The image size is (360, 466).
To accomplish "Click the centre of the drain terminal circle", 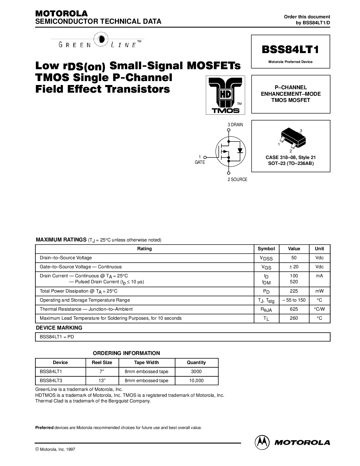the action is tap(228, 130).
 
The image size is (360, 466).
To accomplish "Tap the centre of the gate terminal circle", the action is tap(205, 157).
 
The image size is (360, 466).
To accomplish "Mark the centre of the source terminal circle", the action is tap(228, 173).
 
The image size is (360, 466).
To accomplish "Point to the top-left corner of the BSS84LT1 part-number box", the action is tap(251, 35).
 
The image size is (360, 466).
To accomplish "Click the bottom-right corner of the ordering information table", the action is tap(218, 385).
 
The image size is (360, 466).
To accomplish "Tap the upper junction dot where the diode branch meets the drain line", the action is tap(228, 141).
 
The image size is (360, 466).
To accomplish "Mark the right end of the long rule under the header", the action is tap(330, 27).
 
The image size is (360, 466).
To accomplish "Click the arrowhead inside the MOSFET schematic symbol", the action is tap(225, 151).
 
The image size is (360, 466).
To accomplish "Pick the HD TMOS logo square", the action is tap(225, 95).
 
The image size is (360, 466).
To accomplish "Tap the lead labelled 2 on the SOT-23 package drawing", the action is tap(294, 146).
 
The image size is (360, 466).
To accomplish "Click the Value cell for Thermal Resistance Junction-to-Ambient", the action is tap(294, 309).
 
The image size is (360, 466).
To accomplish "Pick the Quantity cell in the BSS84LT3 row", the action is tap(197, 381).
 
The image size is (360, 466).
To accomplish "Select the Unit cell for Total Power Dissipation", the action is tap(319, 291).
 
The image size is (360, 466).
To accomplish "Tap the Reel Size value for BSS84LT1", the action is tap(102, 372).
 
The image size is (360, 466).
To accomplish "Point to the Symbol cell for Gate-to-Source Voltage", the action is tap(266, 267).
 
